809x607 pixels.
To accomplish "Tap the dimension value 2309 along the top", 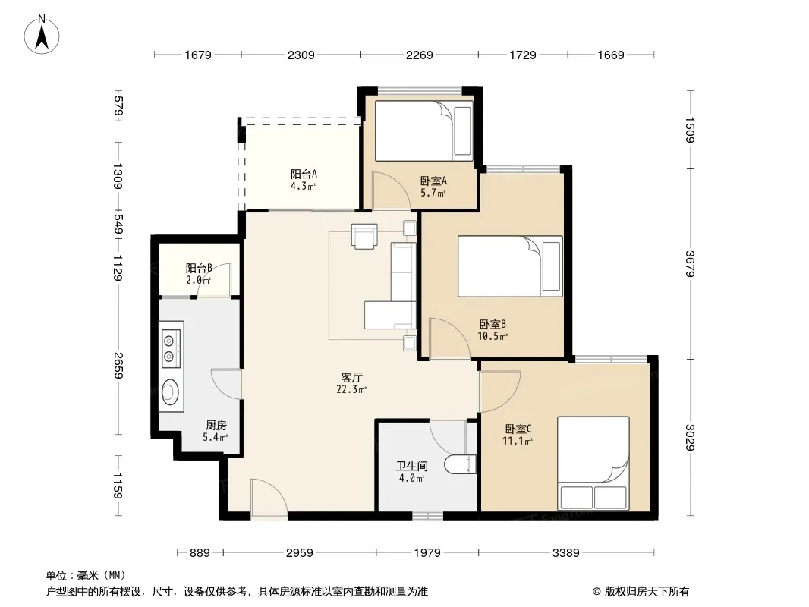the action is [301, 55].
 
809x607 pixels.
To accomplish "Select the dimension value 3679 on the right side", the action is [691, 263].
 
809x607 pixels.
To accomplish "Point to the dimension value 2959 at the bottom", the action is [300, 553].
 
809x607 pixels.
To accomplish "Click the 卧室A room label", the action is [433, 181].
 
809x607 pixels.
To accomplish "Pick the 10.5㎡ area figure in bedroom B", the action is [493, 337].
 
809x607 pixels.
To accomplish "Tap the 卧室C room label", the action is [518, 429].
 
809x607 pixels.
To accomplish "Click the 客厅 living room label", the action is [351, 378].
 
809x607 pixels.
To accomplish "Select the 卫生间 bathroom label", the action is [412, 466].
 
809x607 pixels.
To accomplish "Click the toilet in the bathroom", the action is [460, 464].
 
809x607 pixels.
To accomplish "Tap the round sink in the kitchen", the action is [170, 392].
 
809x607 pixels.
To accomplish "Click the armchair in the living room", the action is [364, 236].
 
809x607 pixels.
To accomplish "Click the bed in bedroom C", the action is [593, 463].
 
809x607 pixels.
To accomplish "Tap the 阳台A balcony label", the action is [304, 175].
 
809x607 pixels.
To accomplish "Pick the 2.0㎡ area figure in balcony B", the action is [199, 281].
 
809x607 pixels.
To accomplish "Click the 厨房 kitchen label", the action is [216, 426].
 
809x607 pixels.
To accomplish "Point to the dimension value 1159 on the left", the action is [118, 486].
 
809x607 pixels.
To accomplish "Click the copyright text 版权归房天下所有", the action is [647, 592].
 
